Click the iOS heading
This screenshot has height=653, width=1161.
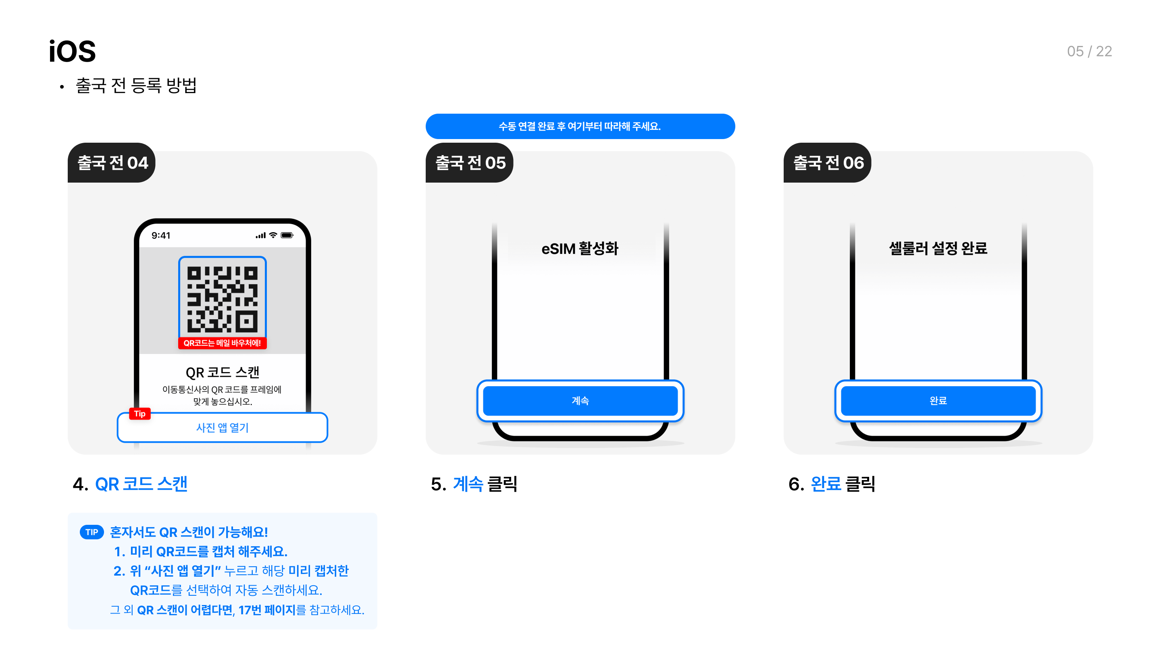72,51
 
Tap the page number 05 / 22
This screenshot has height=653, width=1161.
1089,51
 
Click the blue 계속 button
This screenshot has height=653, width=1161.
580,400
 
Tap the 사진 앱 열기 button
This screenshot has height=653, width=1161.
222,427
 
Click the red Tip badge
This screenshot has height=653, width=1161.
140,413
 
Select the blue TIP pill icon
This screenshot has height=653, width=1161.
92,532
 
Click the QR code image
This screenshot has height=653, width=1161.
222,299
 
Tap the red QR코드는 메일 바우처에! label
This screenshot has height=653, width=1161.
222,343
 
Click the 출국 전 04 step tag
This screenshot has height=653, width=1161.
112,163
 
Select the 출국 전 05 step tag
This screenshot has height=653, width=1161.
470,163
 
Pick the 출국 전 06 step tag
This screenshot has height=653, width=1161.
828,163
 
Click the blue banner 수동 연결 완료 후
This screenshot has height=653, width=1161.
580,126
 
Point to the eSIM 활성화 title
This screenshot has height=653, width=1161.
580,248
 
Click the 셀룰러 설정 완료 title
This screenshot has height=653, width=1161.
938,248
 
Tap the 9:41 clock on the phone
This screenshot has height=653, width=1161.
161,235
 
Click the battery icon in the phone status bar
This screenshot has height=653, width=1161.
287,235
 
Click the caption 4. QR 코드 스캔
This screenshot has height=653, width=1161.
130,484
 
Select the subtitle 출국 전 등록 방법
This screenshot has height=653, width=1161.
136,85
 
